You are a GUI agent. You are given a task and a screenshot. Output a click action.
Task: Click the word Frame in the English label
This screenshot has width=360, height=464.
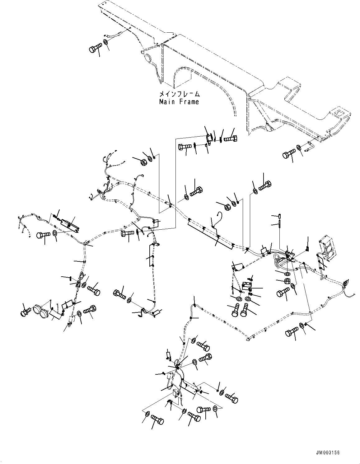point(189,102)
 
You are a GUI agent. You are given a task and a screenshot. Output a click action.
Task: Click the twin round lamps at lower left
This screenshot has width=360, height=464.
point(40,310)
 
